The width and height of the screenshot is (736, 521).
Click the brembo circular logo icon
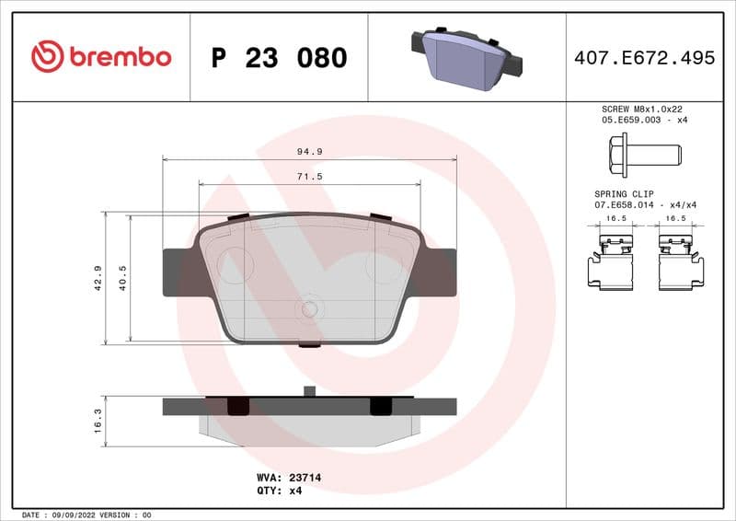tap(47, 57)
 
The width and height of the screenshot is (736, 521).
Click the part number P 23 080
tap(279, 58)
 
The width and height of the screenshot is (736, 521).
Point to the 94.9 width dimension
tap(310, 151)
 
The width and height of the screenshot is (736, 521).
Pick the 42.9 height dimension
tap(98, 279)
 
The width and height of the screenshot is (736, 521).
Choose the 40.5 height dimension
tap(122, 279)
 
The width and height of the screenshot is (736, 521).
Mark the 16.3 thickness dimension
tap(98, 421)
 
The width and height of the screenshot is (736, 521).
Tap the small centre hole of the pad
tap(310, 308)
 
